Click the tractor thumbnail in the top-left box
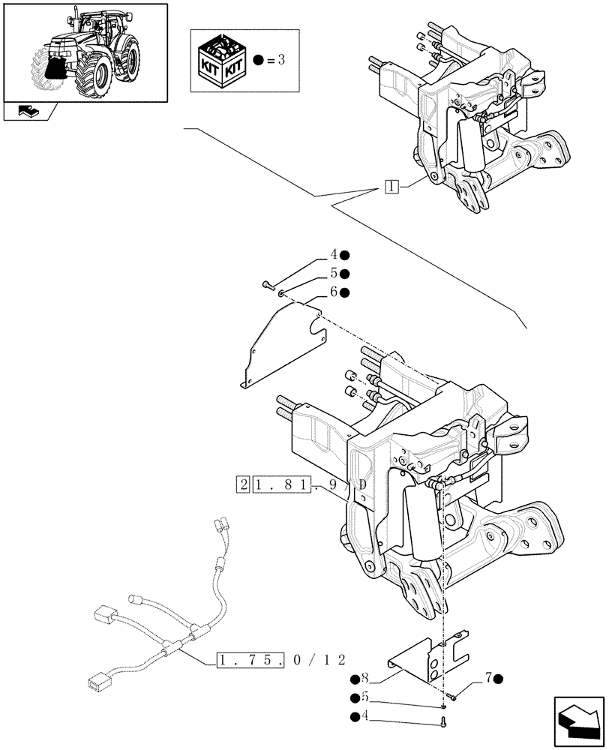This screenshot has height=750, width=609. (84, 51)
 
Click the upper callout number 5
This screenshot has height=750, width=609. (332, 274)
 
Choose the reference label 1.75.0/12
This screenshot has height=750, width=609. (280, 660)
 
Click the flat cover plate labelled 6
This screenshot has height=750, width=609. (281, 341)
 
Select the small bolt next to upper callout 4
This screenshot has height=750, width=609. (268, 285)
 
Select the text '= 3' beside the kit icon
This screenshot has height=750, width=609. (274, 60)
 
